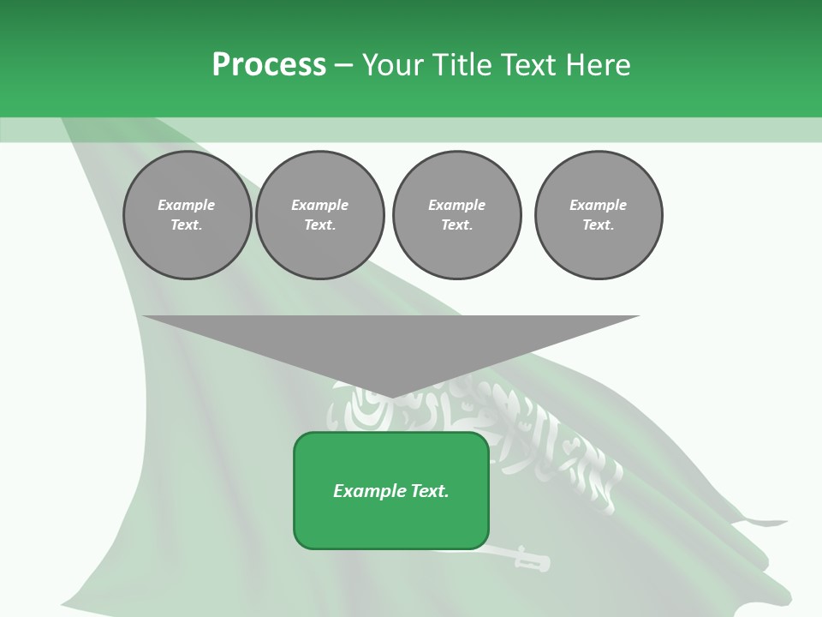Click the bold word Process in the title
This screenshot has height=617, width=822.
(x=269, y=64)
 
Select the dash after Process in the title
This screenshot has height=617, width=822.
(x=342, y=65)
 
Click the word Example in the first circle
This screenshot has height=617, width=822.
(x=186, y=205)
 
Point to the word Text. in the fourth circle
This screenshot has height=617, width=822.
(x=598, y=225)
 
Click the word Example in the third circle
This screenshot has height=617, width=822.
(x=456, y=205)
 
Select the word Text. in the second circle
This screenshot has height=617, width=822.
(x=319, y=225)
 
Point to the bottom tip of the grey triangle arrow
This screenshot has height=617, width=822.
(x=391, y=397)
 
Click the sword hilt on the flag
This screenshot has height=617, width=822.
(x=531, y=561)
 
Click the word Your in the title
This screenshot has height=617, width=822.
(x=390, y=64)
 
